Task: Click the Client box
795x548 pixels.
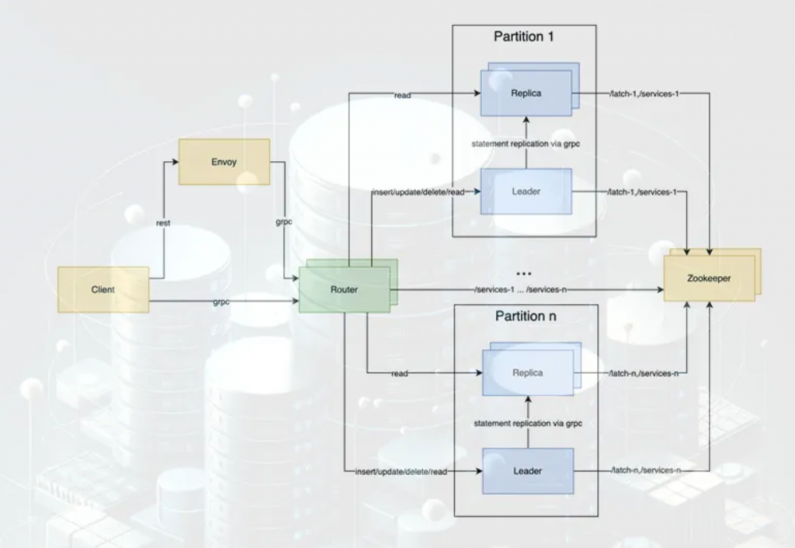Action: click(x=103, y=289)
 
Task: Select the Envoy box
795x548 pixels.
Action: click(x=224, y=162)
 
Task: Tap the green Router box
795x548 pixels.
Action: click(x=344, y=289)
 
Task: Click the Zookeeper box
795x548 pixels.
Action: click(x=709, y=277)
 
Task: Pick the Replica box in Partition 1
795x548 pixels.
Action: click(x=526, y=93)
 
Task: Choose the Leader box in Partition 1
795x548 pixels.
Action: click(x=526, y=190)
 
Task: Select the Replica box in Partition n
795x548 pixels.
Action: click(x=527, y=372)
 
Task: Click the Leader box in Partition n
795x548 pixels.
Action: click(x=527, y=470)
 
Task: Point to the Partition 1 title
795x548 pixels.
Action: click(x=524, y=37)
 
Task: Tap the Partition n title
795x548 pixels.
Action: click(x=526, y=316)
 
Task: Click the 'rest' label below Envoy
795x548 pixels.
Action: click(x=163, y=223)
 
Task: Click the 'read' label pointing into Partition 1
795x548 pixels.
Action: click(x=402, y=96)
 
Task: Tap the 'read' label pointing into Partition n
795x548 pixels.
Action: click(x=400, y=374)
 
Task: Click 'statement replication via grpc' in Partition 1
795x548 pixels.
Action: click(x=526, y=145)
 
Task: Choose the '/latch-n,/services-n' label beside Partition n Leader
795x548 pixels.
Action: click(x=645, y=471)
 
